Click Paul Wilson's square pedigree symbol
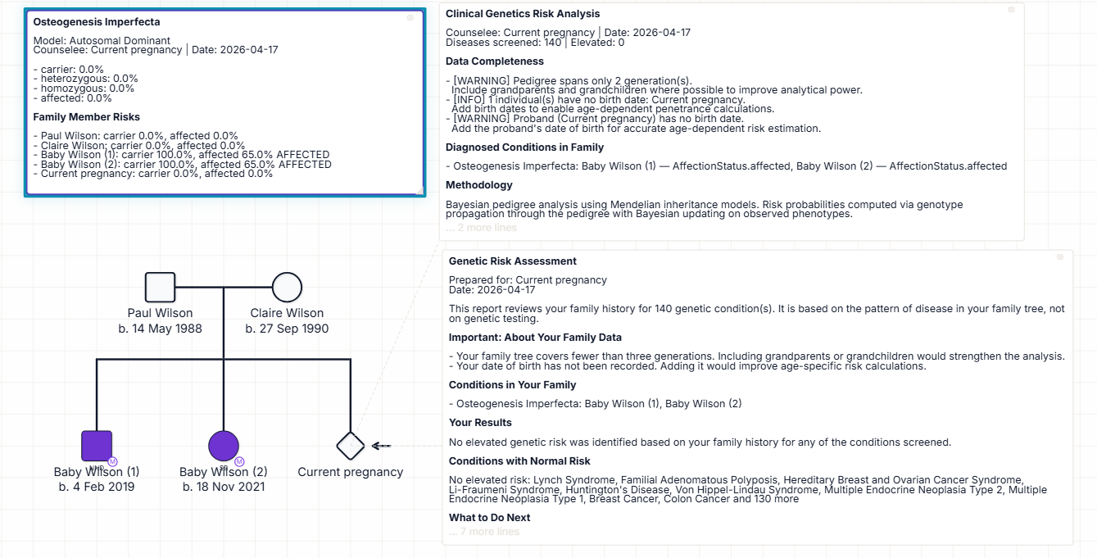[160, 288]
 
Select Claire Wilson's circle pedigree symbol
[287, 288]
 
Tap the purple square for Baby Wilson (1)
[97, 446]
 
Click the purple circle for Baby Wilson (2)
[224, 446]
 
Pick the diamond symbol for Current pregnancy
[351, 446]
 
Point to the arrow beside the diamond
[380, 446]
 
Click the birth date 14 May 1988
[160, 329]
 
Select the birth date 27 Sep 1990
[287, 329]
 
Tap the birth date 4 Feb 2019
[97, 487]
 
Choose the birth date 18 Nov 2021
[224, 487]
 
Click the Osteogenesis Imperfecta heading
[97, 22]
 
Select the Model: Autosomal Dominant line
[102, 40]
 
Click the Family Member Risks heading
[86, 117]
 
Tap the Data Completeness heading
[494, 61]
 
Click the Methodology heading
[479, 185]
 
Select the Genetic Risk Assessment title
[513, 261]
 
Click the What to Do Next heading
[489, 518]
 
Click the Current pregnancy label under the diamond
[351, 472]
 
